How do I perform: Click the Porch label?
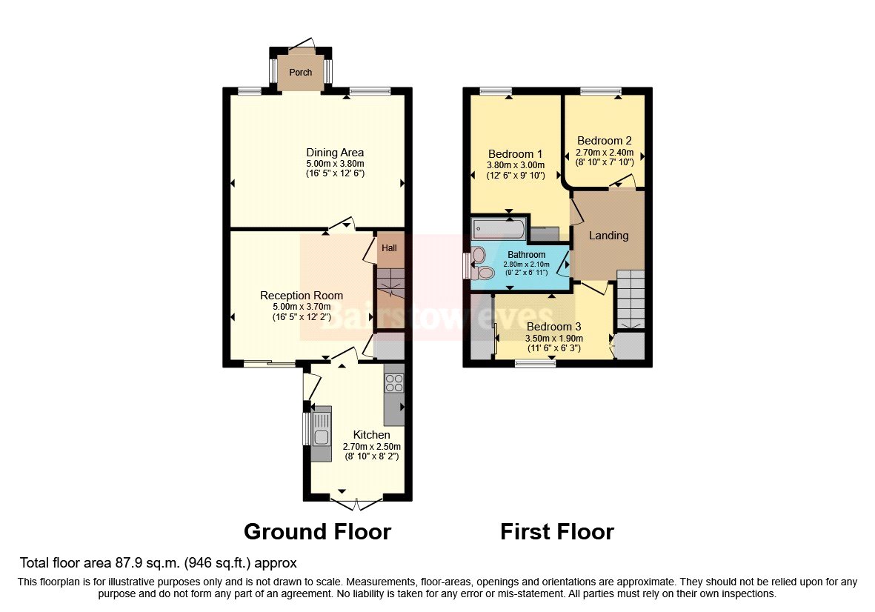[x=300, y=73]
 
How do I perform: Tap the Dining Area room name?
[x=335, y=153]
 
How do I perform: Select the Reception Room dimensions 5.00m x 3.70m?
[x=302, y=307]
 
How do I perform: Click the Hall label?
[x=389, y=247]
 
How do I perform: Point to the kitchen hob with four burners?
[x=394, y=383]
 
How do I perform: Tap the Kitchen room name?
[x=371, y=435]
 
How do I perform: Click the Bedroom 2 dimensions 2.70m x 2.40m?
[x=605, y=152]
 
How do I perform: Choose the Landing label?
[x=608, y=236]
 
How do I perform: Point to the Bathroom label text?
[x=526, y=255]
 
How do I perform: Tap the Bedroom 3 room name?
[x=553, y=327]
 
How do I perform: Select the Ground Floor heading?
[x=317, y=531]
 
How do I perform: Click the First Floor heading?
[x=556, y=531]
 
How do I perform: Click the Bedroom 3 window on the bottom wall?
[x=535, y=363]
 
